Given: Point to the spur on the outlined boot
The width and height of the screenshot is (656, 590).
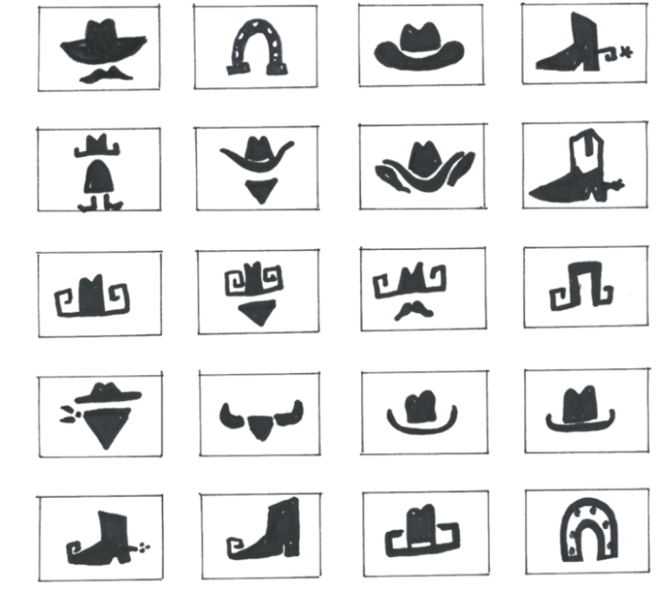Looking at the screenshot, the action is click(x=616, y=183).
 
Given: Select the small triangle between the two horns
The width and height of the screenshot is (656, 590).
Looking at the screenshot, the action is click(x=260, y=428).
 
